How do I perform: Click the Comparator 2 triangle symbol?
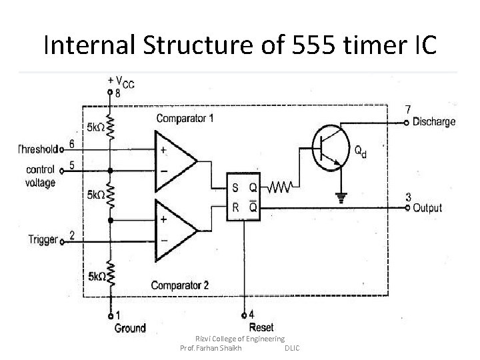click(173, 229)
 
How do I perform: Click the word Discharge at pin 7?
click(434, 122)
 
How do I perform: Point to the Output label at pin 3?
click(427, 208)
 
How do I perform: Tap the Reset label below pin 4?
click(261, 327)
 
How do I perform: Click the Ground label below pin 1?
click(129, 327)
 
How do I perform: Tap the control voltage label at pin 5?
click(41, 176)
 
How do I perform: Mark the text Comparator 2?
click(179, 285)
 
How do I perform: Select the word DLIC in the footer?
click(292, 349)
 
